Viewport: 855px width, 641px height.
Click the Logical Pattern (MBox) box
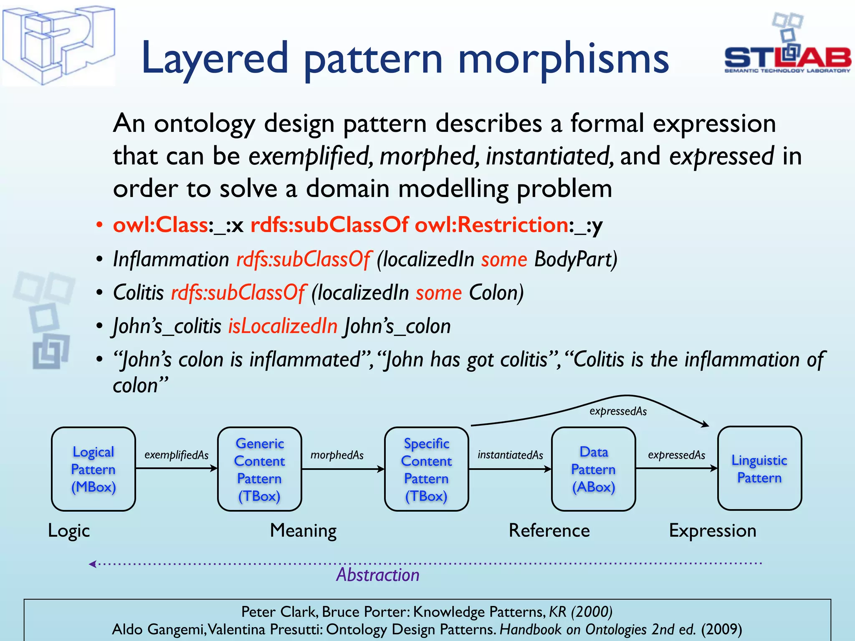tap(93, 469)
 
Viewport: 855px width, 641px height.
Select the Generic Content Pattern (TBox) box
tap(259, 469)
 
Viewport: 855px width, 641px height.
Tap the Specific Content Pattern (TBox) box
tap(426, 469)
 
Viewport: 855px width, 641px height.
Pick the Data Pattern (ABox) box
tap(593, 469)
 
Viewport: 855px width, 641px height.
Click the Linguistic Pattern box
tap(759, 468)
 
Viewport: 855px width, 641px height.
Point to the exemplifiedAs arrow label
tap(176, 455)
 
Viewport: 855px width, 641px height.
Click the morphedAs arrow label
tap(337, 455)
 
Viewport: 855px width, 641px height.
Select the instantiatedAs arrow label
tap(510, 455)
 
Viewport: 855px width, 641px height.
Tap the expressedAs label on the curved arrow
tap(618, 411)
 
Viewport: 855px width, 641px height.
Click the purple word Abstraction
tap(378, 575)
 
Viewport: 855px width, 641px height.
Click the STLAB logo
tap(787, 46)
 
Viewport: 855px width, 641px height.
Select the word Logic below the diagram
tap(69, 531)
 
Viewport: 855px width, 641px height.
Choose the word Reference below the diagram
tap(549, 531)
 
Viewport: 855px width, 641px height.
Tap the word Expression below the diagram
tap(713, 531)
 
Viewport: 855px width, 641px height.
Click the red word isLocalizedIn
tap(283, 326)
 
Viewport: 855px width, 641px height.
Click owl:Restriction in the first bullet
tap(491, 225)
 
